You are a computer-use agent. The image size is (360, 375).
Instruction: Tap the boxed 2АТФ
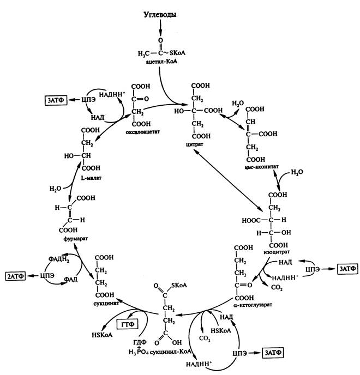pyautogui.click(x=16, y=276)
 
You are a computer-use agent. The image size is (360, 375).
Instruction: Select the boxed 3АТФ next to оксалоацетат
pyautogui.click(x=57, y=100)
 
